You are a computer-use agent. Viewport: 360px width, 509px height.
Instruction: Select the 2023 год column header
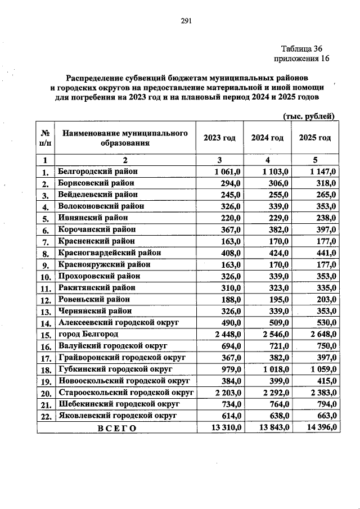(219, 138)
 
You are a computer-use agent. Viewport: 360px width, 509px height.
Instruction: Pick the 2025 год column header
(315, 138)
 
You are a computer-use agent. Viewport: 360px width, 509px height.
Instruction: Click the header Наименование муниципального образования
(124, 138)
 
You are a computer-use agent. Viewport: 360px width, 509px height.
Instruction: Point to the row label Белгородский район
(98, 171)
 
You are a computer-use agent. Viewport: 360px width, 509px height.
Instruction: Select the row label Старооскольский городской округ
(126, 392)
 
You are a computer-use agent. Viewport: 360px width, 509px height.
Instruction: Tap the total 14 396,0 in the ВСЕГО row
(318, 427)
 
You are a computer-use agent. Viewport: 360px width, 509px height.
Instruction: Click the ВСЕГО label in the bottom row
(117, 427)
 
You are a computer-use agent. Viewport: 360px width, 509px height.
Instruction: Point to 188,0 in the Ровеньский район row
(231, 299)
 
